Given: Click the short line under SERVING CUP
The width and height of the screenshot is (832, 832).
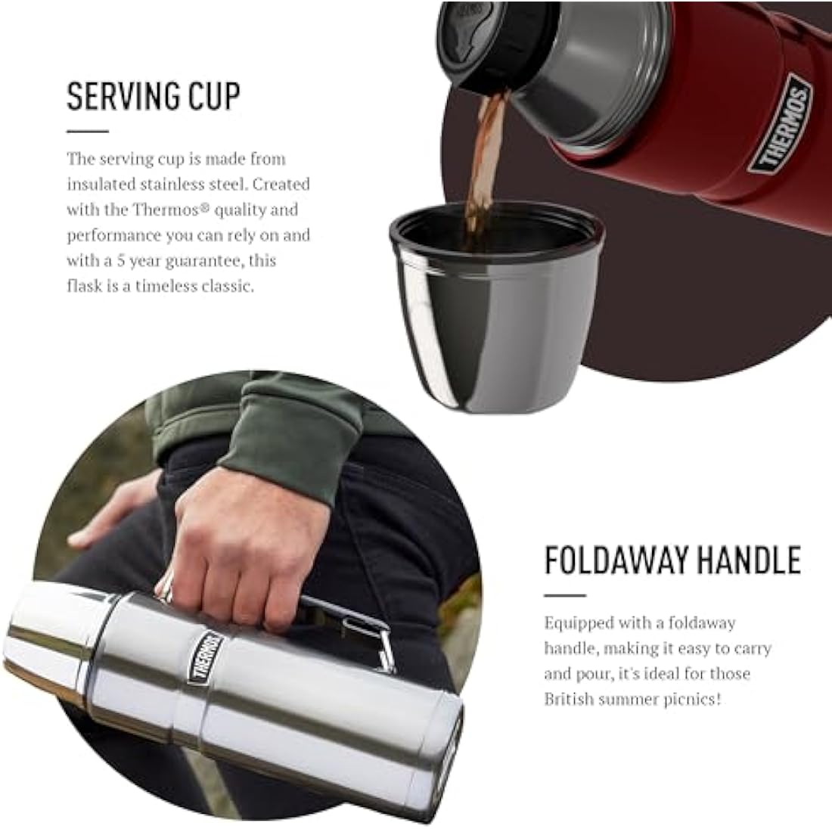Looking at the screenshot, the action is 88,131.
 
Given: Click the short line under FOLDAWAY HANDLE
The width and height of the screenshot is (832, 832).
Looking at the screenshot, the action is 565,595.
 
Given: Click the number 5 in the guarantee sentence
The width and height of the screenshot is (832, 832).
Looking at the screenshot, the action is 120,260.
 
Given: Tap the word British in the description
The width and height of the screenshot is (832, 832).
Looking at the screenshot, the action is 569,699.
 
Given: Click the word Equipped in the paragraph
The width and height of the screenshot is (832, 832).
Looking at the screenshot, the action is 579,623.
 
